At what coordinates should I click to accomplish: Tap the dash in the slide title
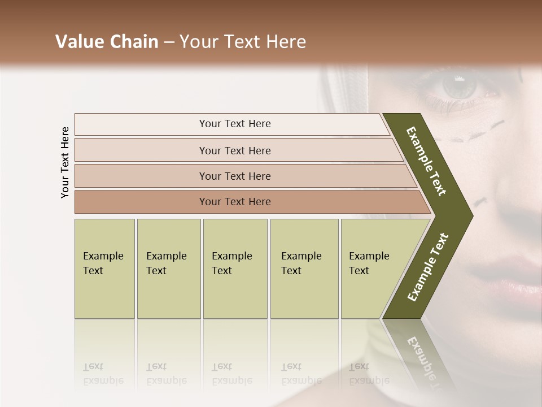click(x=169, y=42)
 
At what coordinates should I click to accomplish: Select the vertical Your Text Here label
click(x=65, y=162)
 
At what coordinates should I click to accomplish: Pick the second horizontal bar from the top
click(x=234, y=150)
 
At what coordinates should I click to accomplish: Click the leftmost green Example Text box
click(x=104, y=269)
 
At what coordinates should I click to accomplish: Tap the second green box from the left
click(x=168, y=269)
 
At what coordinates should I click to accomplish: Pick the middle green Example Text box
click(x=235, y=269)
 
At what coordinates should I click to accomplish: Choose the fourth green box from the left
click(x=304, y=269)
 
